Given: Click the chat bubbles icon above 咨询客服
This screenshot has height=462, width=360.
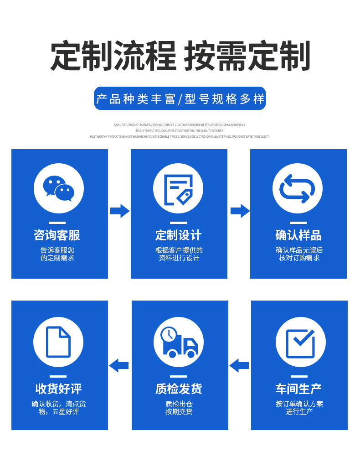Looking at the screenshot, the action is pos(59,188).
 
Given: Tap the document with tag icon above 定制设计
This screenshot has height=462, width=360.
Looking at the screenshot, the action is pos(178,188).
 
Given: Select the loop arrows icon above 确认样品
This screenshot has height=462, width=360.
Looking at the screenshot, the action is pos(298,188).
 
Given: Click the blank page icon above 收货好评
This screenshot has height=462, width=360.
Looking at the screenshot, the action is pos(58,342).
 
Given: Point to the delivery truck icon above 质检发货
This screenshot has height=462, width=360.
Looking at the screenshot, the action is pos(179,342).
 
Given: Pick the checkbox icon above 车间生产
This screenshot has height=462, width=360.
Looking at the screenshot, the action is pos(300,342).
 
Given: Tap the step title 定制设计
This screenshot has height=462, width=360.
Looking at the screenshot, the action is pos(178,235).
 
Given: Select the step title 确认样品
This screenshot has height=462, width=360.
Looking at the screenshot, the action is pos(298,235).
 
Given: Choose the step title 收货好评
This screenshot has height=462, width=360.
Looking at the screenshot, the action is pos(59,389).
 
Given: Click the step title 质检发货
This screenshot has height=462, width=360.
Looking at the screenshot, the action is pos(179,389).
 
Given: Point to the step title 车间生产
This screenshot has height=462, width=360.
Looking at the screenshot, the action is pos(299,389).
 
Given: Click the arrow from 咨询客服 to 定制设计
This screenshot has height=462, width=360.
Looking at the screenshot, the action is pos(120,211).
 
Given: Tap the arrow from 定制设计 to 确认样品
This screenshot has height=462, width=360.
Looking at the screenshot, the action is pos(240,211).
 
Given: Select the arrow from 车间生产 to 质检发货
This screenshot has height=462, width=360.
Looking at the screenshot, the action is pos(239,365).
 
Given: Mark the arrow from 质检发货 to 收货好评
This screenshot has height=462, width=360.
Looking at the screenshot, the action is pos(119,365).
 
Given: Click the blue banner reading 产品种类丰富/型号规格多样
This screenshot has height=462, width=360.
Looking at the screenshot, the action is pos(180,99).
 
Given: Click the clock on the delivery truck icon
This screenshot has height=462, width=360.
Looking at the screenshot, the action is pos(169,335).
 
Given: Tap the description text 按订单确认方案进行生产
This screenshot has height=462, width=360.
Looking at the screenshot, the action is pos(299,408).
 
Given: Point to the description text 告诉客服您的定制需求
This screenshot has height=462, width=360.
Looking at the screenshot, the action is pos(57,254).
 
